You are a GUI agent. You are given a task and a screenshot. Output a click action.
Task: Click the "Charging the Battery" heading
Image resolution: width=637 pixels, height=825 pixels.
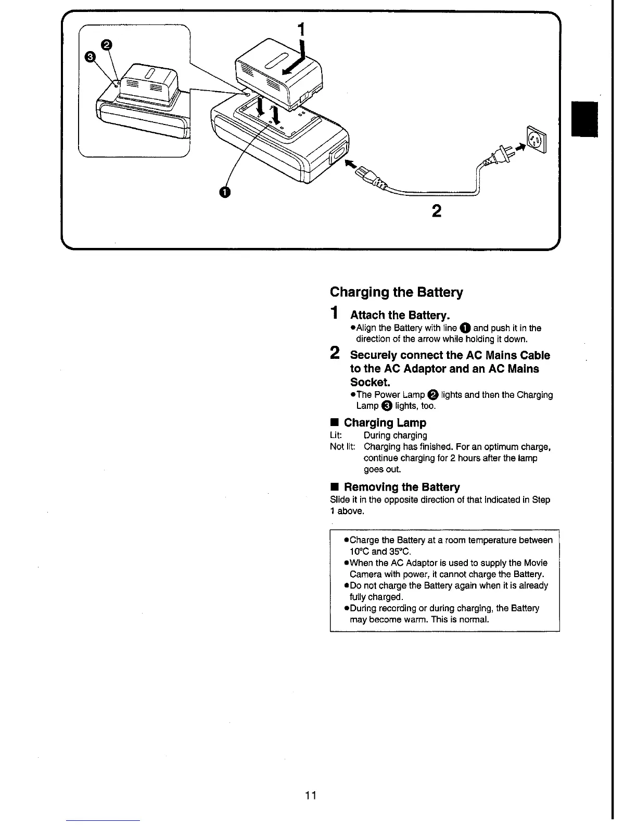point(396,292)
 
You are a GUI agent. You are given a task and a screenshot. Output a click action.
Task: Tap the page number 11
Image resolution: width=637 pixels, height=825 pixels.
point(311,795)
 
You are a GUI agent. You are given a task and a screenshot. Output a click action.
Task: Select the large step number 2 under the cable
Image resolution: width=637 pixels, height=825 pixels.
point(437,211)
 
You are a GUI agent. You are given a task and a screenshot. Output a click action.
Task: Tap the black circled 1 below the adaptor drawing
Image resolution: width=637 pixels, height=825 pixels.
point(224,192)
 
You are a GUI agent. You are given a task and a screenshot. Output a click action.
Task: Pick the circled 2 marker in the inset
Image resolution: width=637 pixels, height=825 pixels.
point(106,45)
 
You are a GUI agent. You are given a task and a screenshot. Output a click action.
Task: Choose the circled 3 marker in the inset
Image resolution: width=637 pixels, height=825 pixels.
point(90,57)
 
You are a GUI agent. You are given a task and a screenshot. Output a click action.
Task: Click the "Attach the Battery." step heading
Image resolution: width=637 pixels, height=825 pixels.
point(400,315)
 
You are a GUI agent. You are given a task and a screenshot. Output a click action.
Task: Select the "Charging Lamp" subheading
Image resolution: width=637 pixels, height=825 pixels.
point(385,423)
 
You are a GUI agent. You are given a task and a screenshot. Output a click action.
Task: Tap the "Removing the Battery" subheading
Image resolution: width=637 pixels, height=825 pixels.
point(401,488)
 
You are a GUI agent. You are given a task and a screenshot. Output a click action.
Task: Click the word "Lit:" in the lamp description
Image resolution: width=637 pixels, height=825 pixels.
point(336,435)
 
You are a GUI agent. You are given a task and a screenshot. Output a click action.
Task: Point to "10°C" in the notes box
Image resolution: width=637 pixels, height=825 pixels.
point(359,552)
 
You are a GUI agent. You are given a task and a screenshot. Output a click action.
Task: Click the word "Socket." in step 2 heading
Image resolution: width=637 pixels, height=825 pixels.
point(370,382)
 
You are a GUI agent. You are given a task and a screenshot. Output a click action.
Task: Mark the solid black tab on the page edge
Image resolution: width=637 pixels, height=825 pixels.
point(584,120)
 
